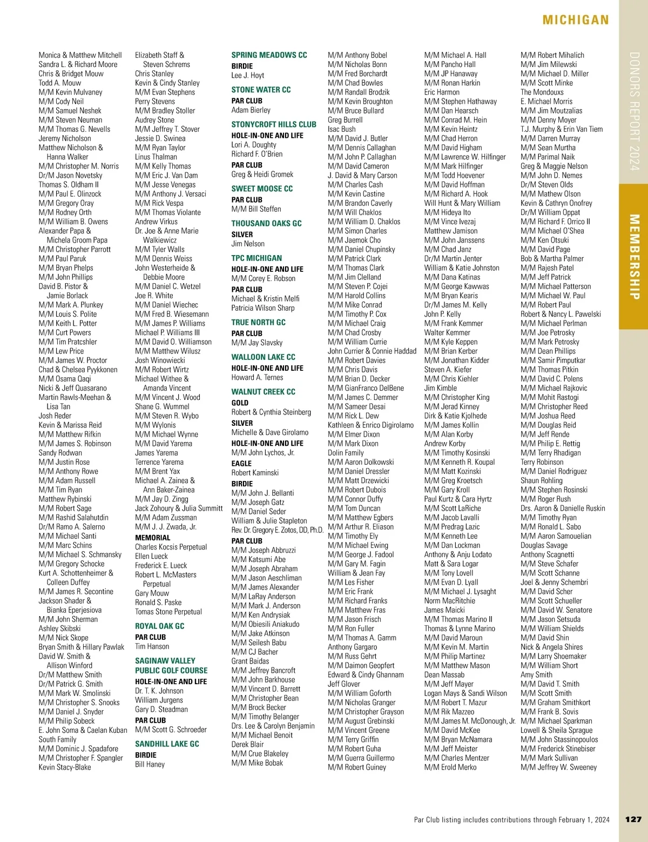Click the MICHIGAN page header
point(576,21)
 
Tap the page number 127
point(633,819)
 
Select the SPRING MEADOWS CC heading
point(269,55)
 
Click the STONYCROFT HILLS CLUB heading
point(274,124)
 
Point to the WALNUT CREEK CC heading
point(263,392)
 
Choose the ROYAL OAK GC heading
point(159,626)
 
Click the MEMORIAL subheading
point(152,538)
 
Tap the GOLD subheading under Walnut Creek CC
point(240,403)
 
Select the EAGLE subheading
point(241,463)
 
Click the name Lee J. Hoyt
point(248,76)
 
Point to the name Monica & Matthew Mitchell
point(80,55)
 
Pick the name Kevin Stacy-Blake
point(65,767)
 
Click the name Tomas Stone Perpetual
point(168,612)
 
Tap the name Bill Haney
point(150,764)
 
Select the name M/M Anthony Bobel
point(357,55)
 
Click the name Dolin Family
point(346,453)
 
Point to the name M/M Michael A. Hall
point(455,55)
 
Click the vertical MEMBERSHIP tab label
point(634,257)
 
